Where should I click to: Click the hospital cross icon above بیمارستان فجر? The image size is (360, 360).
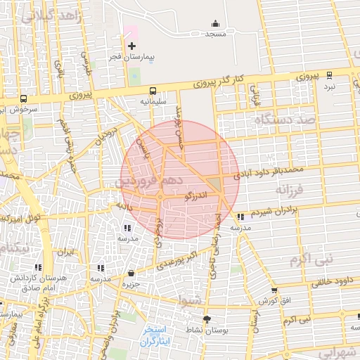131,45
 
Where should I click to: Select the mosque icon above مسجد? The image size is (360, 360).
215,23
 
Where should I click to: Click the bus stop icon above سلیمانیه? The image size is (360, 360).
153,91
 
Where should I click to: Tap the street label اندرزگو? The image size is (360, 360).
195,195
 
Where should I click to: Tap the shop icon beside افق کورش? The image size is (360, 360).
274,290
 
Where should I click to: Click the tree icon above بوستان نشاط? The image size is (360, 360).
206,319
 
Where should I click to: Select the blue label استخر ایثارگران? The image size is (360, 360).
151,335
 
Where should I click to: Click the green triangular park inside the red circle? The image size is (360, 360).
212,184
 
